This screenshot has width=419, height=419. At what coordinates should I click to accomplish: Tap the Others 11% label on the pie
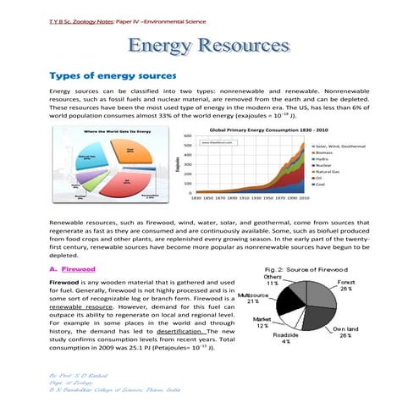[273, 280]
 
